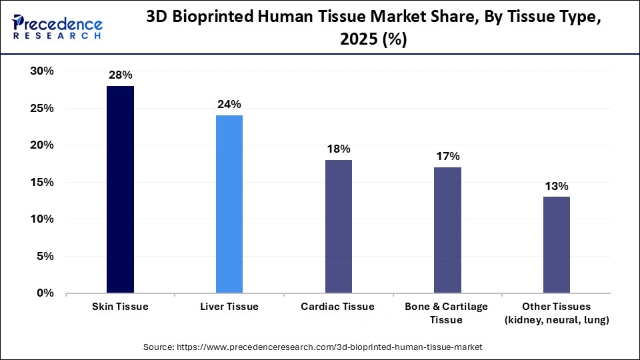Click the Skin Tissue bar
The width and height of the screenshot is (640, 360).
pyautogui.click(x=120, y=189)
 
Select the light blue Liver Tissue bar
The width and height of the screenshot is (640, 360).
pyautogui.click(x=229, y=204)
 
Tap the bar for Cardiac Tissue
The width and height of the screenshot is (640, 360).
pyautogui.click(x=339, y=226)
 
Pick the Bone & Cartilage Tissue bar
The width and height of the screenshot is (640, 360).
pyautogui.click(x=447, y=230)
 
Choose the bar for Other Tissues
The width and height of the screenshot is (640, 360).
pyautogui.click(x=557, y=245)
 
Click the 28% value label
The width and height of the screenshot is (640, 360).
pyautogui.click(x=120, y=75)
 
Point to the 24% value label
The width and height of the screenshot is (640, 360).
pyautogui.click(x=229, y=104)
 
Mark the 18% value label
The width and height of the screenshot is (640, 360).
pyautogui.click(x=339, y=149)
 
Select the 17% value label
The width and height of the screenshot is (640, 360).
pyautogui.click(x=447, y=156)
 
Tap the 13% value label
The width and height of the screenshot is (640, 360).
pyautogui.click(x=557, y=185)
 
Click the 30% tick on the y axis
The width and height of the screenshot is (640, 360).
pyautogui.click(x=41, y=71)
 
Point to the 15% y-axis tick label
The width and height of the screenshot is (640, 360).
pyautogui.click(x=41, y=182)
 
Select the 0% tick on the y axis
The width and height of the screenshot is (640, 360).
pyautogui.click(x=45, y=293)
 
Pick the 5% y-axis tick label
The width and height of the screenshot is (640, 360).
pyautogui.click(x=45, y=256)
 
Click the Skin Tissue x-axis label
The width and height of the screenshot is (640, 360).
pyautogui.click(x=120, y=307)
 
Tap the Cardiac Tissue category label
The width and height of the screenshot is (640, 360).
pyautogui.click(x=339, y=307)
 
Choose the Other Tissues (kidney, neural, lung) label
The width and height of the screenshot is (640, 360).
pyautogui.click(x=557, y=313)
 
